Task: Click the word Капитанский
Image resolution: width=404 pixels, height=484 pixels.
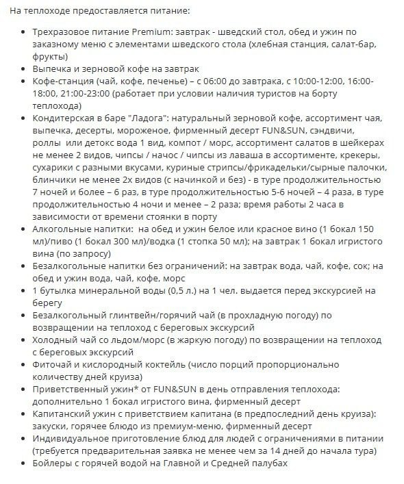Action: [62, 414]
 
